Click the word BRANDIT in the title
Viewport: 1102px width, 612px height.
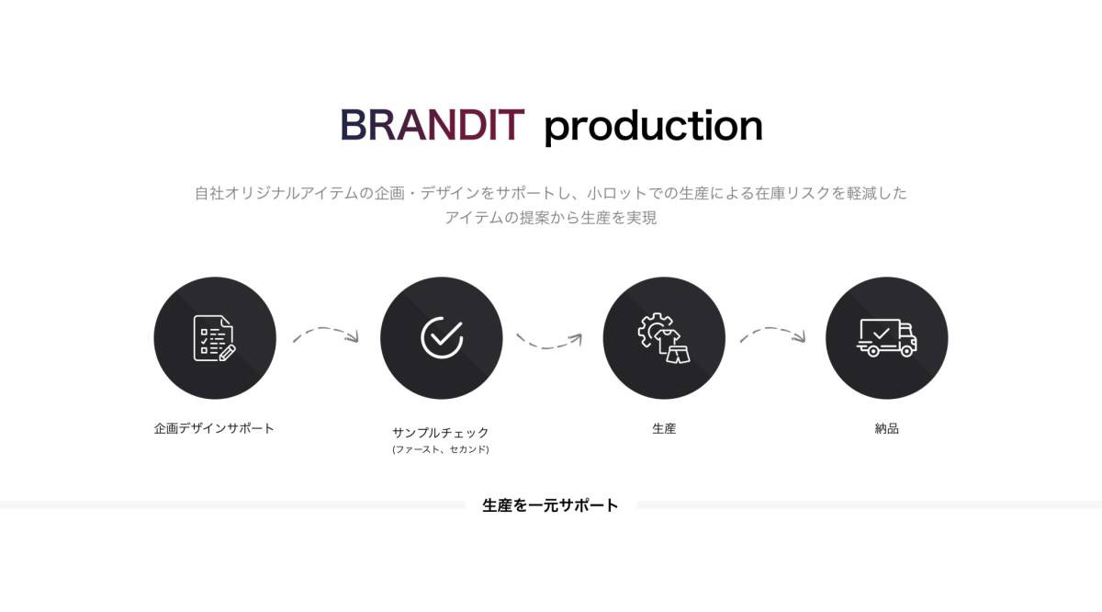tap(433, 125)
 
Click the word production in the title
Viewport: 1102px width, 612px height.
tap(653, 127)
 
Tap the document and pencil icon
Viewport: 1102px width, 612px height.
tap(215, 338)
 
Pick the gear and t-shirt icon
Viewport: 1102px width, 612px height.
tap(664, 338)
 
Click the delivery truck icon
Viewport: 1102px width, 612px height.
tap(886, 338)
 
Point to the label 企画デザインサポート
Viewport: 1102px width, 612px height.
tap(214, 428)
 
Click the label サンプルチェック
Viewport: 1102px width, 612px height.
tap(441, 433)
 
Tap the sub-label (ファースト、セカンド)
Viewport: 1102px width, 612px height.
tap(441, 449)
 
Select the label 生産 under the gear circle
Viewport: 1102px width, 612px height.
tap(664, 429)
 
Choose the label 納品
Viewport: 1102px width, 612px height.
tap(887, 429)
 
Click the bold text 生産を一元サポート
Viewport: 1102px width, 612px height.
tap(550, 505)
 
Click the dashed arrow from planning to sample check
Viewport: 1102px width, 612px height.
tap(325, 328)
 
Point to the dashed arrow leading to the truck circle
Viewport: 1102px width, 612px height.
tap(772, 328)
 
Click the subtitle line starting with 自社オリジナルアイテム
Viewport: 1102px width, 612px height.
tap(551, 193)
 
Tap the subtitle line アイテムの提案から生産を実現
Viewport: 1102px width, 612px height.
tap(551, 218)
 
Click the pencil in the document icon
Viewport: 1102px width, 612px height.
tap(228, 353)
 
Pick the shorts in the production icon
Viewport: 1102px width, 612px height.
tap(679, 354)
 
